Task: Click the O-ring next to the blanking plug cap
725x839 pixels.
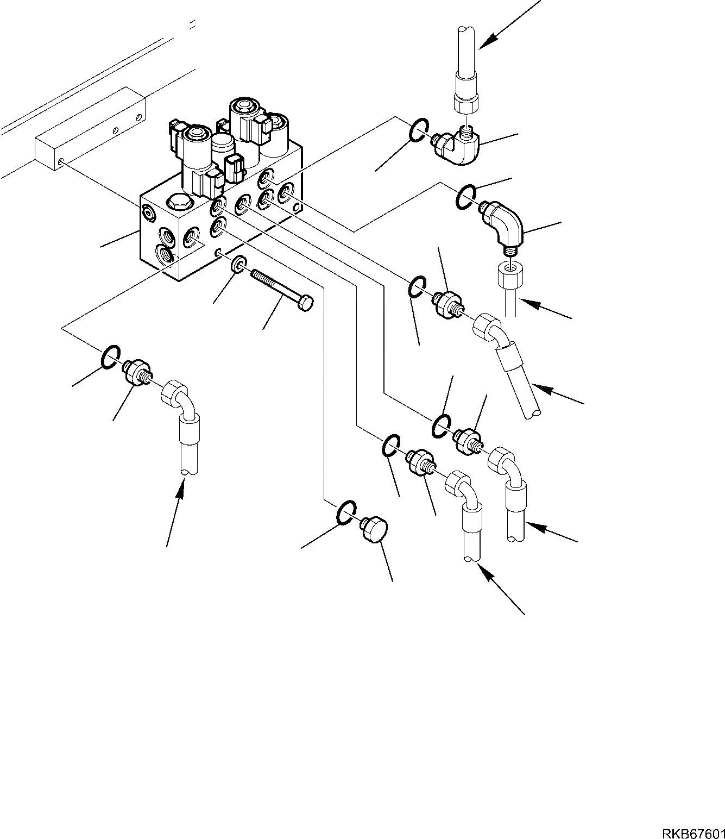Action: (x=346, y=512)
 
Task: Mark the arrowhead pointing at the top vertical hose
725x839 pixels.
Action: (x=487, y=39)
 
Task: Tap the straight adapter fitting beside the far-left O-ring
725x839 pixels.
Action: (x=135, y=371)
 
